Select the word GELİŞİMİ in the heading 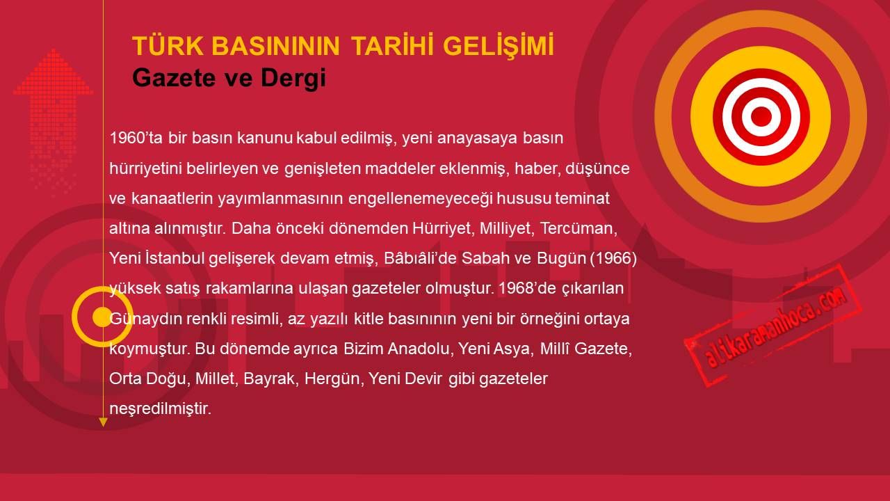pos(499,45)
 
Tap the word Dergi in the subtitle pos(293,77)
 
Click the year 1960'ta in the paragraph pos(136,138)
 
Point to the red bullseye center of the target pos(761,117)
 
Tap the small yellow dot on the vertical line pos(102,317)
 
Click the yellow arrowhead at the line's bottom pos(103,422)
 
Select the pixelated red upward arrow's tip pos(54,49)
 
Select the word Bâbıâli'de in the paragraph pos(419,258)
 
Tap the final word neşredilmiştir pos(160,408)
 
